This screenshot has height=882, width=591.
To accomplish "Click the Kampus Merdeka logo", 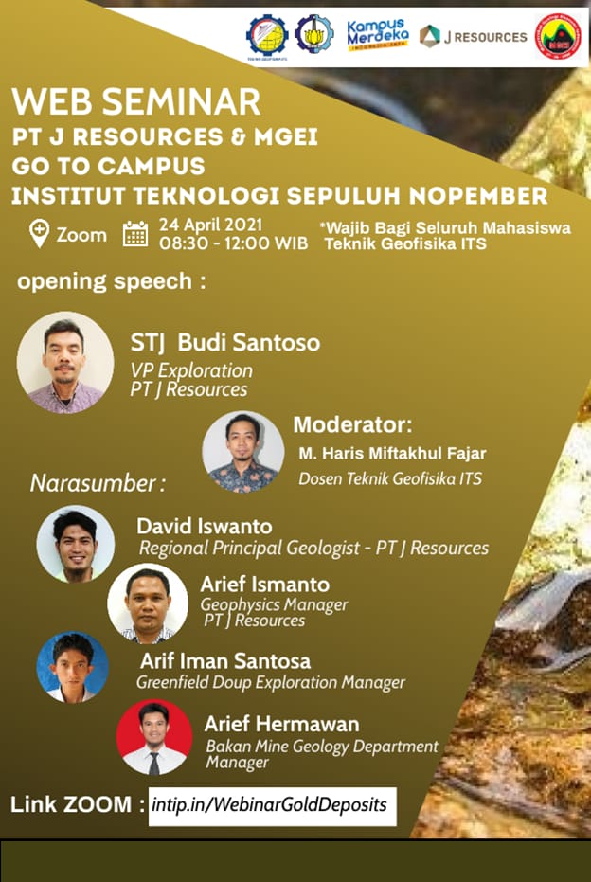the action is click(377, 35).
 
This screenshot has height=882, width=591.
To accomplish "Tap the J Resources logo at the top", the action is click(473, 37).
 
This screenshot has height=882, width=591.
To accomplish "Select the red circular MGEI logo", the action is click(558, 36).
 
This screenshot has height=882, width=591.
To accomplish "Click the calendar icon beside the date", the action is click(135, 234).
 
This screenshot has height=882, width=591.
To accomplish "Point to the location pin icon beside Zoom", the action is click(39, 234).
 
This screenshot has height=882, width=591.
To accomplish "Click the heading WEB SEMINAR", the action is click(136, 101).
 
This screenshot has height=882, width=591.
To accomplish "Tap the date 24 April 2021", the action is click(211, 225).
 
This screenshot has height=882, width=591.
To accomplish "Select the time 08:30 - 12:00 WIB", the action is click(233, 243).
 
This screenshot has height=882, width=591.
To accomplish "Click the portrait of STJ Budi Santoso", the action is click(64, 363).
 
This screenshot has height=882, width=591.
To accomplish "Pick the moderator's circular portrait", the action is click(242, 452).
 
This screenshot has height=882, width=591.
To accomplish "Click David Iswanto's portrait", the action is click(76, 544).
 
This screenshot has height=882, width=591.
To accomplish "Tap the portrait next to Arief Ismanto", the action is click(148, 603).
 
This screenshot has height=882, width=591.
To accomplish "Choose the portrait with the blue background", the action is click(73, 667).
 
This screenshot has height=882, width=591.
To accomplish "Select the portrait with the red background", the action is click(154, 737).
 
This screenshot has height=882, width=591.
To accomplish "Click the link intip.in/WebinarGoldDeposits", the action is click(269, 805).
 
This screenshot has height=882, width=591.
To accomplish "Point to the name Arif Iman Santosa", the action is click(225, 661).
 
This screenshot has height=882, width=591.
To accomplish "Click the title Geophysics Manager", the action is click(275, 605).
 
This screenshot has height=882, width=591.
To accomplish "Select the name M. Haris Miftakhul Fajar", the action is click(392, 454).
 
